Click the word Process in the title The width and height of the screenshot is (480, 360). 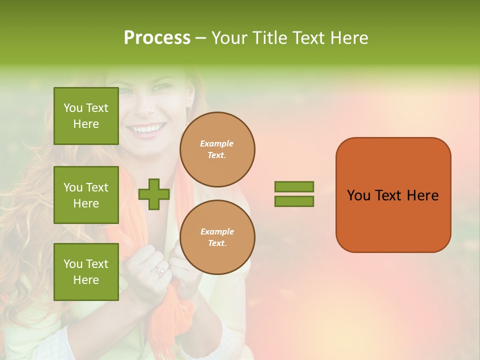pyautogui.click(x=157, y=37)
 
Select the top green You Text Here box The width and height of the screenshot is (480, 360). pyautogui.click(x=86, y=116)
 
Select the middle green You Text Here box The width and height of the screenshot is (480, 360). pyautogui.click(x=86, y=195)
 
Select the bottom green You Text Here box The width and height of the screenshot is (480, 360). pyautogui.click(x=86, y=272)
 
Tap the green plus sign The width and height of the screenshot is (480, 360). pyautogui.click(x=154, y=194)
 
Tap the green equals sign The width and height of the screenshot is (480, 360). pyautogui.click(x=294, y=194)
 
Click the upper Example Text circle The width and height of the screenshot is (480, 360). pyautogui.click(x=217, y=149)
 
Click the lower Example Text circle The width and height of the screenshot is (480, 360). pyautogui.click(x=217, y=237)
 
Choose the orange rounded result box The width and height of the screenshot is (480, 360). pyautogui.click(x=393, y=195)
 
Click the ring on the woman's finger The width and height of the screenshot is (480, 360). pyautogui.click(x=161, y=270)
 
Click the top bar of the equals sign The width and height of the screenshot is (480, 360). pyautogui.click(x=294, y=187)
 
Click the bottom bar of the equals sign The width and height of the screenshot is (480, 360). pyautogui.click(x=294, y=201)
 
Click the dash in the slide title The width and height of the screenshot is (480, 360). pyautogui.click(x=201, y=38)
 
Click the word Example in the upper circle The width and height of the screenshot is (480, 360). pyautogui.click(x=217, y=143)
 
